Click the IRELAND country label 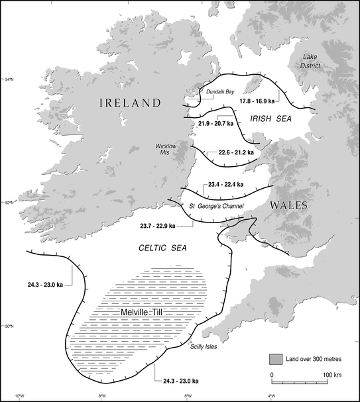[130, 103]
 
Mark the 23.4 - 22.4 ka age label [225, 184]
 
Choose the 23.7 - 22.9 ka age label [158, 226]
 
